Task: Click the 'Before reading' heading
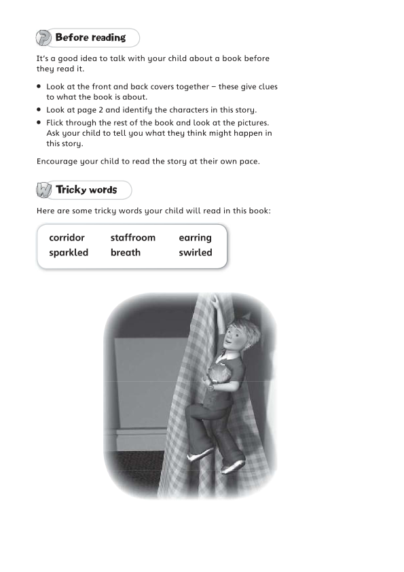click(x=90, y=38)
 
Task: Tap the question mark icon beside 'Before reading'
click(x=44, y=38)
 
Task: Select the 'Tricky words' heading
click(x=86, y=190)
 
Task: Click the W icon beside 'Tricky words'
click(x=44, y=190)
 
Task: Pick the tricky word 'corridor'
click(x=67, y=238)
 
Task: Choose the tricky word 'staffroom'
click(x=132, y=238)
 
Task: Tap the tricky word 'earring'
click(x=195, y=238)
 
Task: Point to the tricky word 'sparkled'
click(x=69, y=253)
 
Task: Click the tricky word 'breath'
click(x=126, y=253)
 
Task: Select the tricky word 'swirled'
click(x=196, y=253)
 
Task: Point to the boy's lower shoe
click(x=233, y=467)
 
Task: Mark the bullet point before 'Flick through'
click(x=40, y=123)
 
